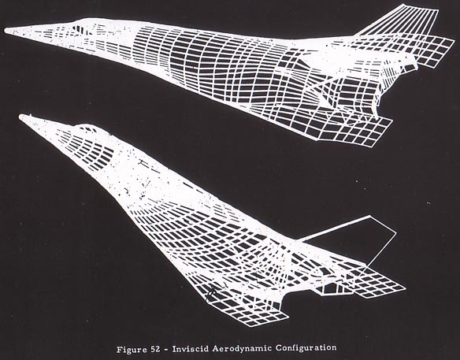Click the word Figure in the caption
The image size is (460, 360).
[x=132, y=350]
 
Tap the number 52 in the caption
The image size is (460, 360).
[x=156, y=349]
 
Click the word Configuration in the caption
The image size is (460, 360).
[x=306, y=347]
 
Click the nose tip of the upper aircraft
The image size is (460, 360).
[x=6, y=31]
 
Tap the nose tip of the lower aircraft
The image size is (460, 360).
[x=20, y=117]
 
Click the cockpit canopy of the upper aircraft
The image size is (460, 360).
[x=82, y=27]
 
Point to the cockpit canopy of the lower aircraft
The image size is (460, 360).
[x=88, y=129]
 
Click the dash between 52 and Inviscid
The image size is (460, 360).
[x=166, y=350]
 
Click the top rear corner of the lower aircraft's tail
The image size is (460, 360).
[x=369, y=217]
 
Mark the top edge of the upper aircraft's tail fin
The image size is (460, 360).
[x=420, y=7]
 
